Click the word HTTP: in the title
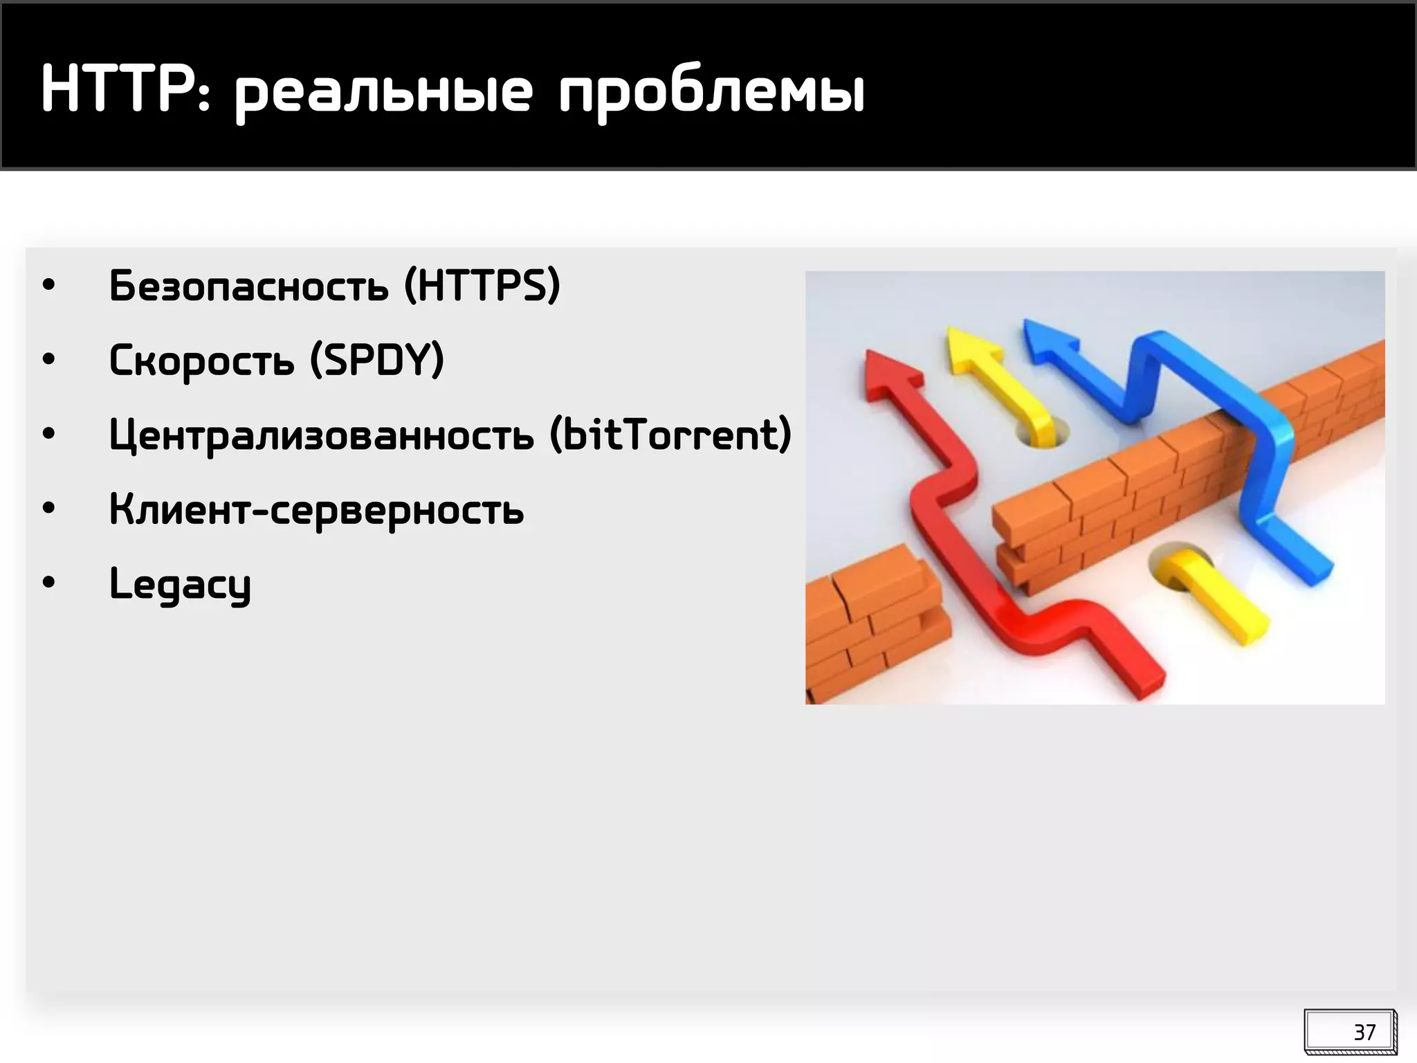coord(125,90)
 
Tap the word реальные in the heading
coord(384,93)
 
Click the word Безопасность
coord(248,286)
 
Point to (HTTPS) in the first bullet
coord(482,285)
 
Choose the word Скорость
coord(201,361)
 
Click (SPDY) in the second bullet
coord(376,360)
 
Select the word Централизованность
coord(321,436)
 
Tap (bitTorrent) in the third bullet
coord(670,435)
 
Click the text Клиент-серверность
coord(316,511)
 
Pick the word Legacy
coord(180,585)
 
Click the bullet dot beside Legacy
coord(48,583)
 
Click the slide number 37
coord(1364,1033)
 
